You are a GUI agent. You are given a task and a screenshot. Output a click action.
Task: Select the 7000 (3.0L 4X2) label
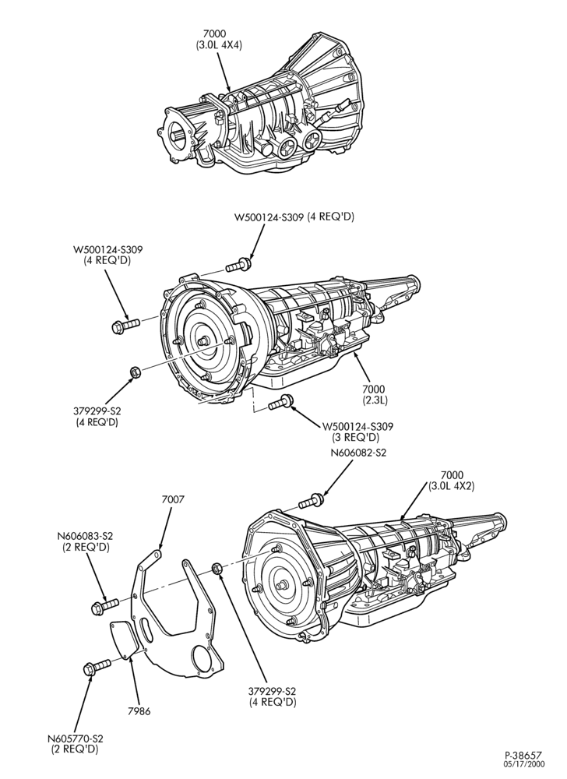click(451, 481)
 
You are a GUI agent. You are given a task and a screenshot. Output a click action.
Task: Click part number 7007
click(173, 499)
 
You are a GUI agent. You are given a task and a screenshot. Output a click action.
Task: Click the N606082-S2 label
click(358, 453)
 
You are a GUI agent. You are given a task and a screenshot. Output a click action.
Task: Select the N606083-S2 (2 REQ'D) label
click(85, 541)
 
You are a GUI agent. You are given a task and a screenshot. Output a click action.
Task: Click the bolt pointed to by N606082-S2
click(311, 501)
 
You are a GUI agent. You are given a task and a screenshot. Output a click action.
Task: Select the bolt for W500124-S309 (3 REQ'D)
click(280, 403)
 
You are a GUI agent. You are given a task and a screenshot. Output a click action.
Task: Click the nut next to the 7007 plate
click(217, 568)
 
